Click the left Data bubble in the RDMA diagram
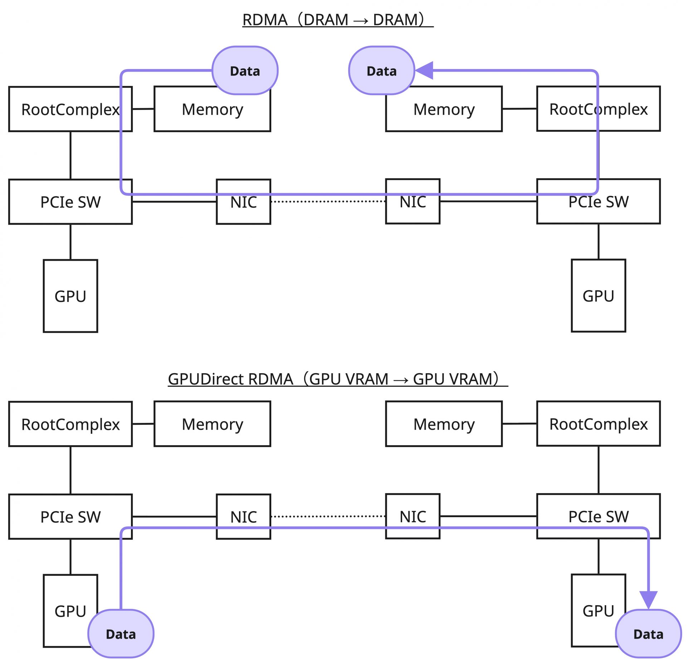(245, 71)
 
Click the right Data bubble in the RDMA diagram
(381, 71)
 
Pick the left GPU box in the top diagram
(70, 296)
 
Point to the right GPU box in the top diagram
(598, 295)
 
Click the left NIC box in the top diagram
(243, 208)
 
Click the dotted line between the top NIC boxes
(328, 201)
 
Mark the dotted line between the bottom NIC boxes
(328, 516)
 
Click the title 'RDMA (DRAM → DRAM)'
(338, 20)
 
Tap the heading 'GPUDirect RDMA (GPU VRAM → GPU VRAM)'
(338, 379)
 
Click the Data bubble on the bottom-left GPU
(121, 634)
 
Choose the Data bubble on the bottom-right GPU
(648, 634)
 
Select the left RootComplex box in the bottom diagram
(70, 424)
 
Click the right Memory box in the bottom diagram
(444, 424)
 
